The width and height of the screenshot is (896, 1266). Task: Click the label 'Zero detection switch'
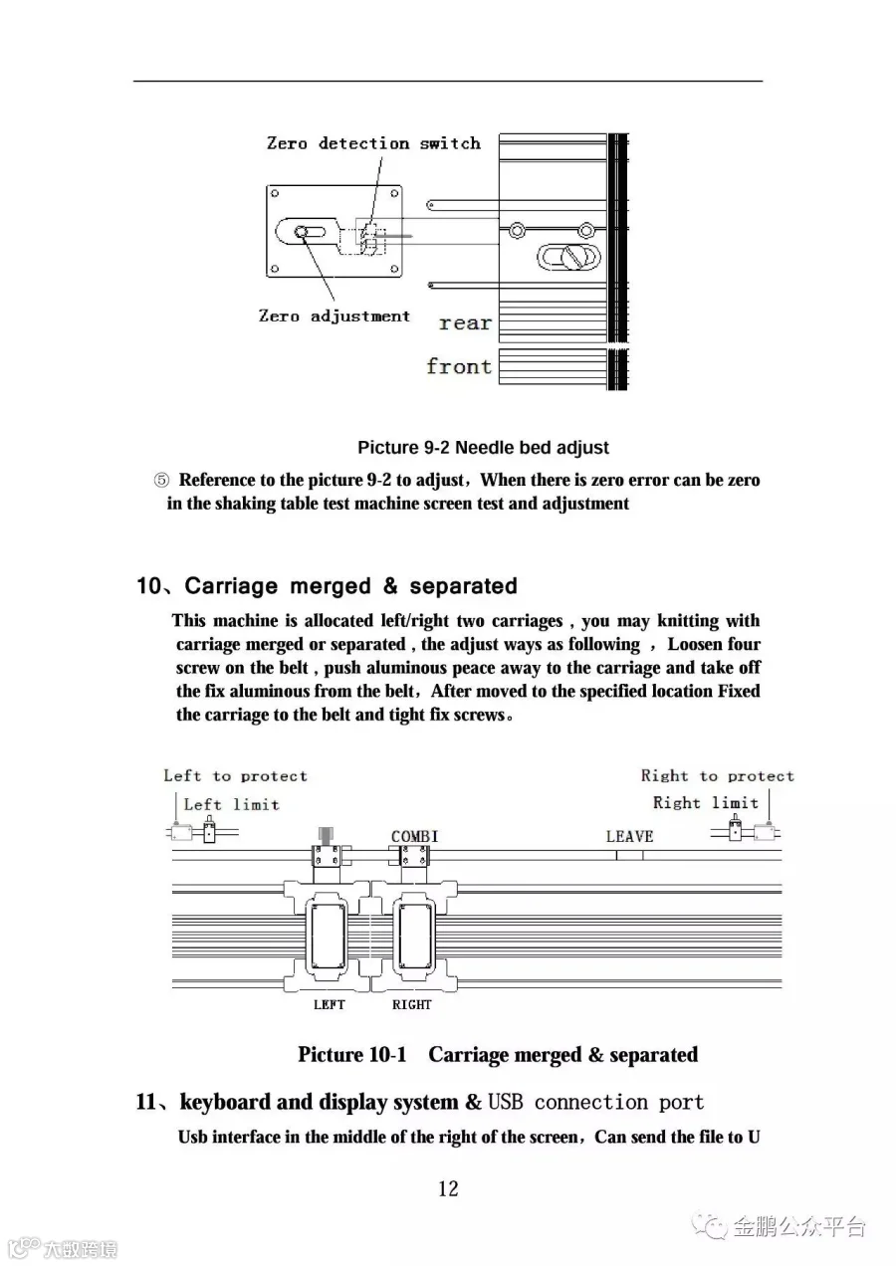pos(373,143)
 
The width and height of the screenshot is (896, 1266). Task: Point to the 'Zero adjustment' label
pos(334,316)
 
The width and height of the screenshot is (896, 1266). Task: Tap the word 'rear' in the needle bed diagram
pos(465,322)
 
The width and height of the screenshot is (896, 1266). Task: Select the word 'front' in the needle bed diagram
pos(459,366)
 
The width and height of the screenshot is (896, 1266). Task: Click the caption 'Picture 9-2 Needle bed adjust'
pos(483,448)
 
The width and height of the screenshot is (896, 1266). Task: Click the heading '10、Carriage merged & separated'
pos(327,586)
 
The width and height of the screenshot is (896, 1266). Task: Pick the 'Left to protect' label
pos(235,776)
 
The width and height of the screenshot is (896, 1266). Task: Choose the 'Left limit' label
pos(231,804)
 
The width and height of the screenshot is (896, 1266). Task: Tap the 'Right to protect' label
pos(717,776)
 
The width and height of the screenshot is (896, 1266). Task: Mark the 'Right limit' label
pos(705,803)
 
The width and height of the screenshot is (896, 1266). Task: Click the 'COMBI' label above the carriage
pos(414,836)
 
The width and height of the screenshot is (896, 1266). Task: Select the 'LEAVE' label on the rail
pos(629,836)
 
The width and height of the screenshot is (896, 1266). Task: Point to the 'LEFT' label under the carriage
pos(329,1004)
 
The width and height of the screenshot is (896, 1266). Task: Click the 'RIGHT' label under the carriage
pos(411,1004)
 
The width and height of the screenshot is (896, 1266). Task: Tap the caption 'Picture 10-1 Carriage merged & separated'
pos(498,1054)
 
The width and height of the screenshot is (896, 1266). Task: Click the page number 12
pos(448,1187)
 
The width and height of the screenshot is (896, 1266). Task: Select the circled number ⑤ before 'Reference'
pos(161,481)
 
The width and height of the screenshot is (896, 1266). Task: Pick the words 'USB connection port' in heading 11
pos(596,1102)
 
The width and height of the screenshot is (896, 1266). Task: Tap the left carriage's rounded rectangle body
pos(328,936)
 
